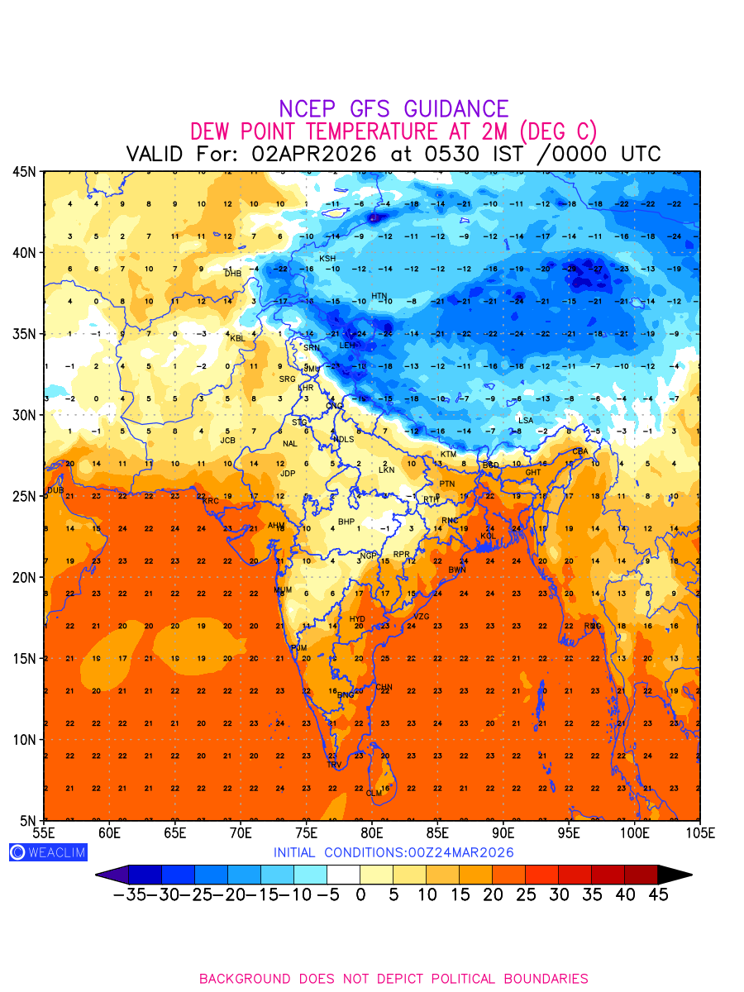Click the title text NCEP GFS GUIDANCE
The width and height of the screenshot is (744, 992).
(393, 109)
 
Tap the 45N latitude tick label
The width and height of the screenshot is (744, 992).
(24, 171)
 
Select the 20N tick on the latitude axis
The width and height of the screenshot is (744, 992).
(24, 577)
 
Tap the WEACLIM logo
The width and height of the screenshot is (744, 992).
(47, 852)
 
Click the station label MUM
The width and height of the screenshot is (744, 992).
(283, 590)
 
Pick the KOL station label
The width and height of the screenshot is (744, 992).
(489, 537)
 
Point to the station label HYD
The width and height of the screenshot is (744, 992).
(357, 619)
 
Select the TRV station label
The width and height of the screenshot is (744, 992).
(334, 765)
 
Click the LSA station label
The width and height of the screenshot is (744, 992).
(526, 421)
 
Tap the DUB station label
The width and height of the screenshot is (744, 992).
(55, 490)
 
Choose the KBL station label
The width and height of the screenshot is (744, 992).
(237, 338)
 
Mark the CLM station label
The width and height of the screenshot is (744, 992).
(374, 794)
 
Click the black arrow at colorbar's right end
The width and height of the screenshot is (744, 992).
(675, 875)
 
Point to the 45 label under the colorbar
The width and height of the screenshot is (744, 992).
(658, 895)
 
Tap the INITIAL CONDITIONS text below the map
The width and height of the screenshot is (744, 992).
(393, 852)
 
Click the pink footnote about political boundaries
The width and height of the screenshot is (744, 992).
(393, 979)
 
